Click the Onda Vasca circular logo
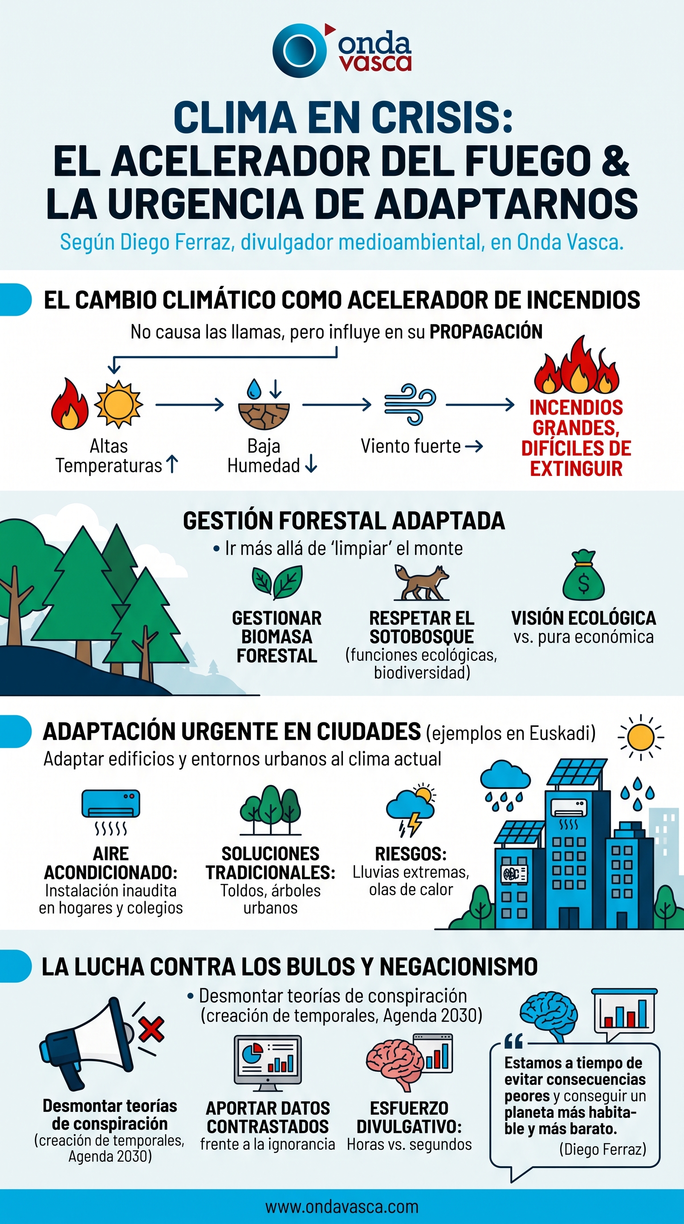[300, 50]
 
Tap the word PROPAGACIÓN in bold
[486, 332]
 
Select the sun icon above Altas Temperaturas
[118, 404]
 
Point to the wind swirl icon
[410, 404]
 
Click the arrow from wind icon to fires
[480, 405]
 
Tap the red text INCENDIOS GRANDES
[576, 418]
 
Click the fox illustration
[421, 582]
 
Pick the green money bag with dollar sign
[584, 575]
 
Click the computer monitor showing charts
[268, 1063]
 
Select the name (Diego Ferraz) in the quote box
[603, 1149]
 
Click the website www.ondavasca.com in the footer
[342, 1207]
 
